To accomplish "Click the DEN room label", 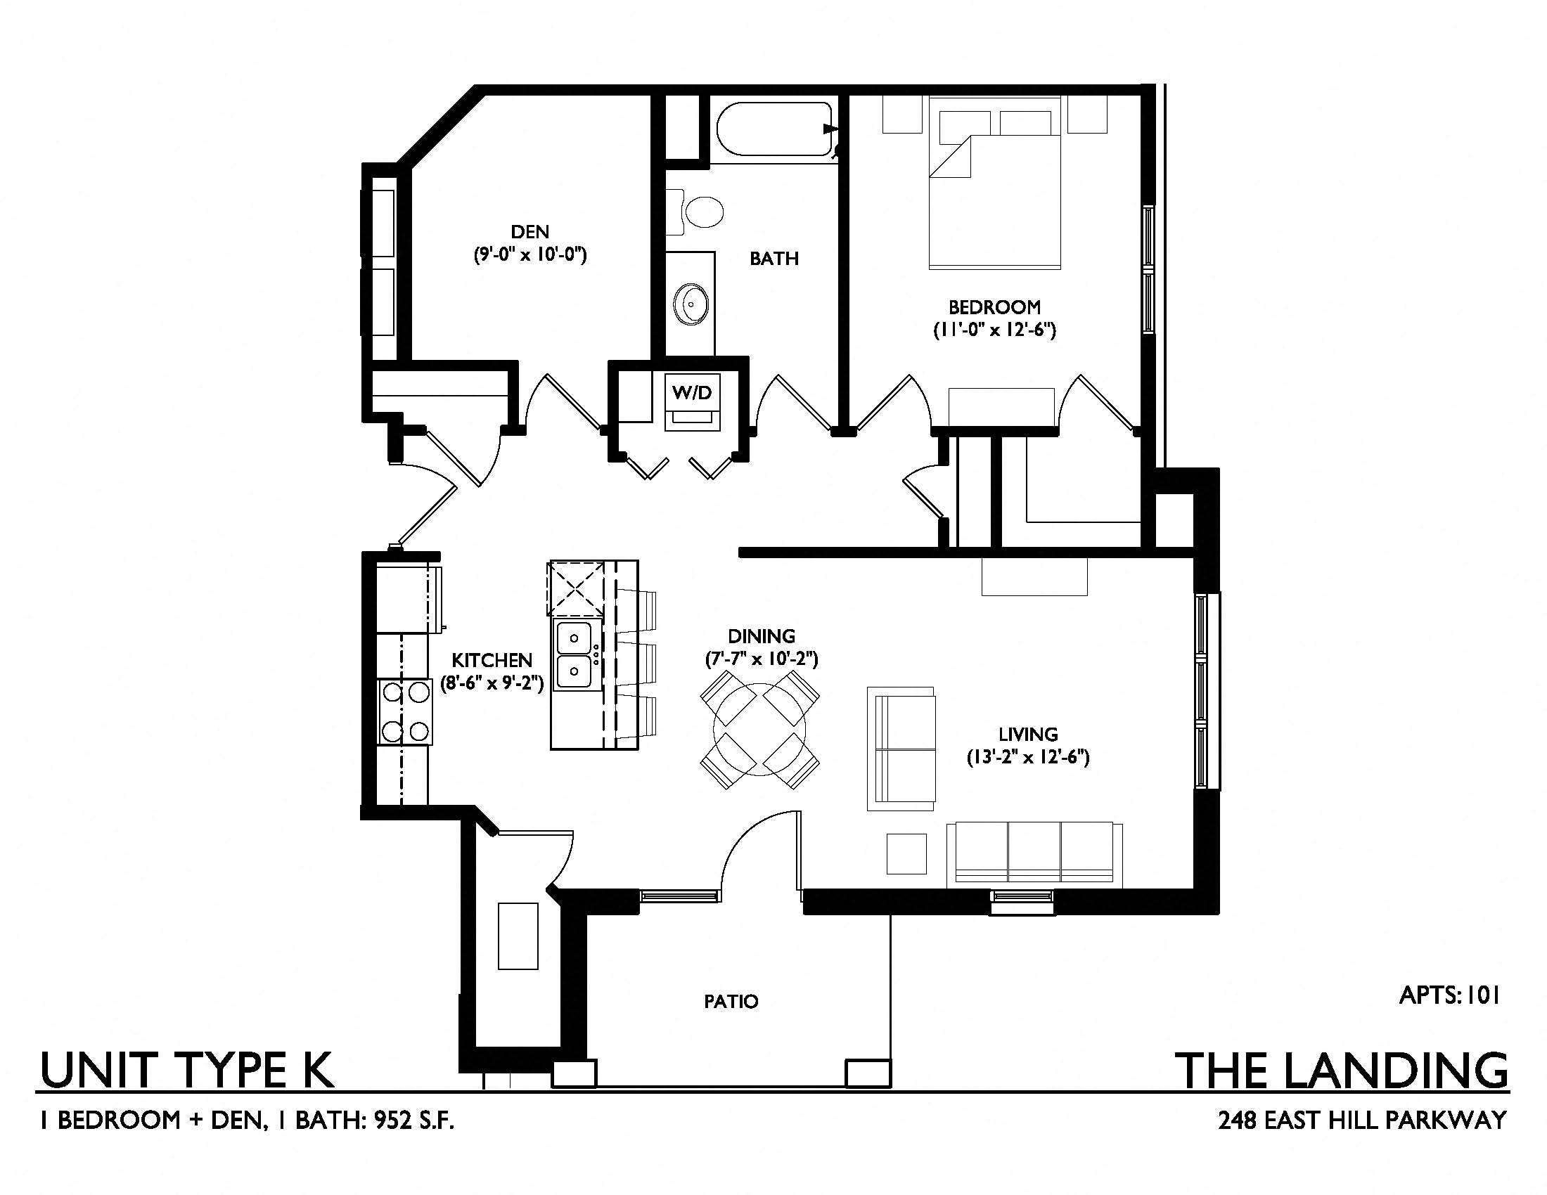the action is coord(529,231).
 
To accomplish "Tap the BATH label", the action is coord(774,259).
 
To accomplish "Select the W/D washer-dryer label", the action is coord(692,392).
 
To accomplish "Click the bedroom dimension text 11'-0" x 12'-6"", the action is coord(994,330).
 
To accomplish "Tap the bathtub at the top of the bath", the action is coord(774,129).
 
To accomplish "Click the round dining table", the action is coord(760,728).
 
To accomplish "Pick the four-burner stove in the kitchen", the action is coord(404,711).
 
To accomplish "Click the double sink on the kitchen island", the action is coord(574,655).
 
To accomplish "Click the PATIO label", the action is coord(731,1002).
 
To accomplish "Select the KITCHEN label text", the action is coord(492,661).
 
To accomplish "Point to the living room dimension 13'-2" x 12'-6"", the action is coord(1028,758).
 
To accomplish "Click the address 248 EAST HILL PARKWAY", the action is coord(1362,1120).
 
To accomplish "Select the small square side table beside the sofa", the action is coord(906,854).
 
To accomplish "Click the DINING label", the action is coord(762,636).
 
